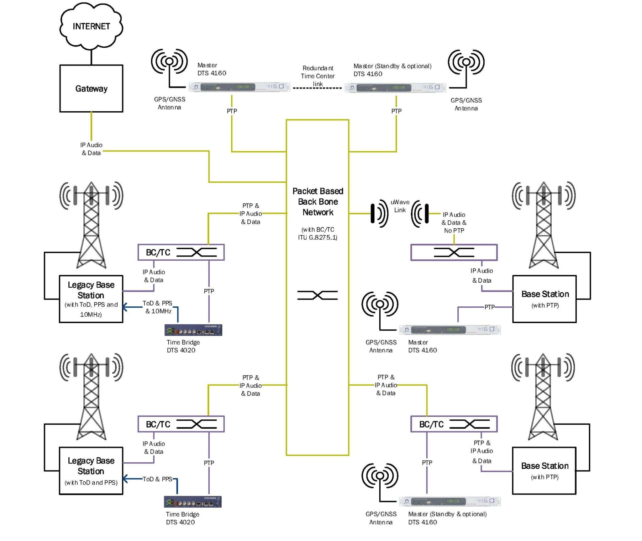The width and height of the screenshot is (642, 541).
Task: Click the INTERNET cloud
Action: (x=91, y=26)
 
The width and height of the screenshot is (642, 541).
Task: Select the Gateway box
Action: (x=91, y=88)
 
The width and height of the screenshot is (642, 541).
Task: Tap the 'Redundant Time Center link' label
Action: (x=317, y=76)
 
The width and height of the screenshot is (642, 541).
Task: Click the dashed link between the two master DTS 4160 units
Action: (x=317, y=88)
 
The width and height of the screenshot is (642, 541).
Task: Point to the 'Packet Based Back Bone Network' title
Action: (x=318, y=202)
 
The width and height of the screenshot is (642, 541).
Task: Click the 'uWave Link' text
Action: (x=400, y=206)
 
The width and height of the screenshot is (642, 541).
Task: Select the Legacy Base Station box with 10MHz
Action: (x=91, y=299)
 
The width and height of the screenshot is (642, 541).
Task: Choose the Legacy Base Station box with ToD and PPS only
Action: (x=91, y=470)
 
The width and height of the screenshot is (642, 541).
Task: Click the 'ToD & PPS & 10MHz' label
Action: (x=158, y=307)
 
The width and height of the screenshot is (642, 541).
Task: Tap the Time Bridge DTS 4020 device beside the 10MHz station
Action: (x=193, y=330)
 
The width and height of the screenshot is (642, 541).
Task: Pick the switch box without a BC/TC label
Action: (x=454, y=252)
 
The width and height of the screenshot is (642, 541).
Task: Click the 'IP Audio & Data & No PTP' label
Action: (x=454, y=223)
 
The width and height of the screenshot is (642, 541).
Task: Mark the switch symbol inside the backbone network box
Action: (x=317, y=295)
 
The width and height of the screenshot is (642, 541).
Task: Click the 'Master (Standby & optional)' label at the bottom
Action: (x=447, y=514)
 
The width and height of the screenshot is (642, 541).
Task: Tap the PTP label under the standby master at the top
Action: (x=396, y=111)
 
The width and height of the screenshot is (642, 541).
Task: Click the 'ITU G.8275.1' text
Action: (x=317, y=237)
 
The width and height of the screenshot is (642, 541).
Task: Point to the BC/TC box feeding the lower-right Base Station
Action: (x=454, y=424)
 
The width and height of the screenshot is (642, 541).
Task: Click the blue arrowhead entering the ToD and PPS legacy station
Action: (x=125, y=479)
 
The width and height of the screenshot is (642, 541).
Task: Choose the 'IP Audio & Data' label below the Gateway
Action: (x=91, y=149)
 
